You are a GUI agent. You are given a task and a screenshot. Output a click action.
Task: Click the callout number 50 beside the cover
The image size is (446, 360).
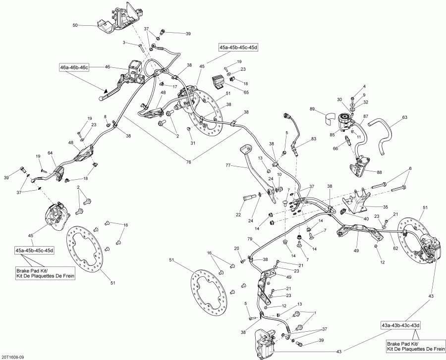click(75, 25)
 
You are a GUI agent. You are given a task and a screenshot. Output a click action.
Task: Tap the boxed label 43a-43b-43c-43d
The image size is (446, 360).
click(400, 325)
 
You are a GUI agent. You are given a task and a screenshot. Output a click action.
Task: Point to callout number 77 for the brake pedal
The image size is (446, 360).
click(228, 165)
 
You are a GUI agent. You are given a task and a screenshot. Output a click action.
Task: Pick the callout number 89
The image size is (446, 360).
click(312, 109)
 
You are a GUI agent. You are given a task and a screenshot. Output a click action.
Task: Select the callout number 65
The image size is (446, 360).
click(247, 92)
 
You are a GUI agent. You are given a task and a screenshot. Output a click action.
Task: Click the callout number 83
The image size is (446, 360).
click(313, 139)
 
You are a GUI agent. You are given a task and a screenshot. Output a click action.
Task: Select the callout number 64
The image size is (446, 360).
click(50, 153)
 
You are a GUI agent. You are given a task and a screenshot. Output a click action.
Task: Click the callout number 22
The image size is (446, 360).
click(238, 215)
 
